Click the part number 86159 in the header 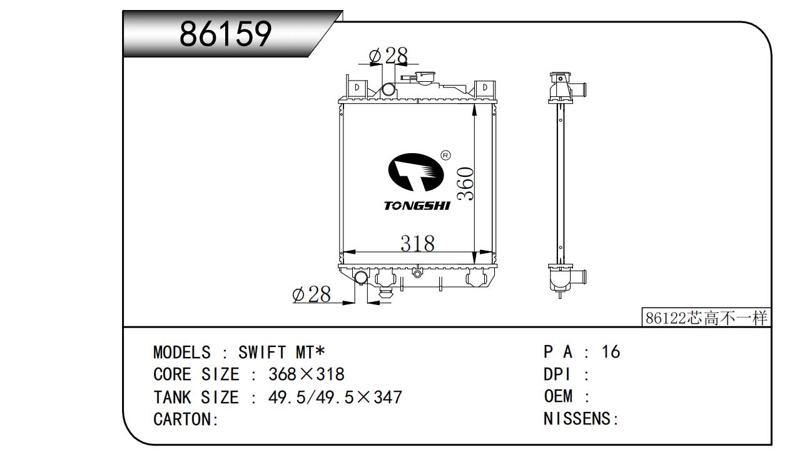point(225,34)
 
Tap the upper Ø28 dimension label point(388,56)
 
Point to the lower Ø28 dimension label point(311,294)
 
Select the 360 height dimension point(465,184)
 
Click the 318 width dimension point(417,242)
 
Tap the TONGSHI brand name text point(416,206)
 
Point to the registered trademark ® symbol point(446,154)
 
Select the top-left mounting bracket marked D point(356,87)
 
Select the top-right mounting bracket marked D point(483,87)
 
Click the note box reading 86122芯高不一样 point(706,318)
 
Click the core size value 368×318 point(306,374)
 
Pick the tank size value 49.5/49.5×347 point(335,397)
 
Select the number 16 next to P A point(610,352)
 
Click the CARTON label point(185,419)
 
